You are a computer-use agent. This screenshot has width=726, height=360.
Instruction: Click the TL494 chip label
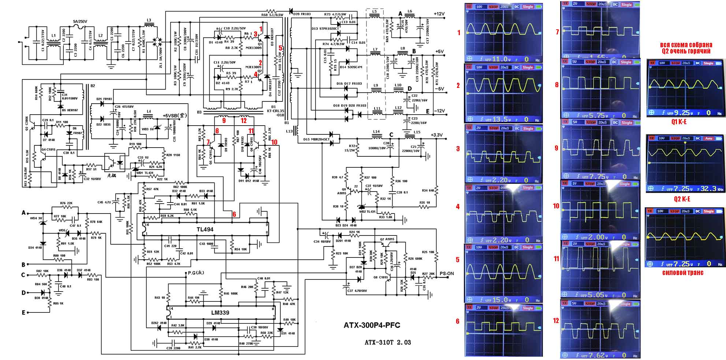[x=205, y=230]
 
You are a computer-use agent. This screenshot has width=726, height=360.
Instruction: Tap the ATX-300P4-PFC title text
[x=372, y=325]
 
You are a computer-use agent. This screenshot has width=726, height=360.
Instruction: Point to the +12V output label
[x=439, y=14]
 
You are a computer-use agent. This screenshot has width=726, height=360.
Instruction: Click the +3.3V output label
[x=437, y=135]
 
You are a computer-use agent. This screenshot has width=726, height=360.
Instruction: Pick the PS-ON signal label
[x=447, y=273]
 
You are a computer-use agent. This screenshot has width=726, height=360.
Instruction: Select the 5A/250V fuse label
[x=80, y=22]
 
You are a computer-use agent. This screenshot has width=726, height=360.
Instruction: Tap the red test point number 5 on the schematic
[x=280, y=48]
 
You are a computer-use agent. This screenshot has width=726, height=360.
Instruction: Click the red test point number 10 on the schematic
[x=275, y=142]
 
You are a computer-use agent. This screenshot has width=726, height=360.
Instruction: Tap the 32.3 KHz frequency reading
[x=710, y=189]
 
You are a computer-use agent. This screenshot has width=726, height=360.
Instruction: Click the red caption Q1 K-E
[x=679, y=122]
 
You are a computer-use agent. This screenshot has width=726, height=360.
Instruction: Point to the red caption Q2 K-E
[x=682, y=199]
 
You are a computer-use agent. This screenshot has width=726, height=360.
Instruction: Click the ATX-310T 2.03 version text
[x=387, y=342]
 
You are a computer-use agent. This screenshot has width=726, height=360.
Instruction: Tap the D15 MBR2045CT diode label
[x=316, y=140]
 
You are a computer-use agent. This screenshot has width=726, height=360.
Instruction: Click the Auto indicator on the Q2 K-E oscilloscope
[x=709, y=138]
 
